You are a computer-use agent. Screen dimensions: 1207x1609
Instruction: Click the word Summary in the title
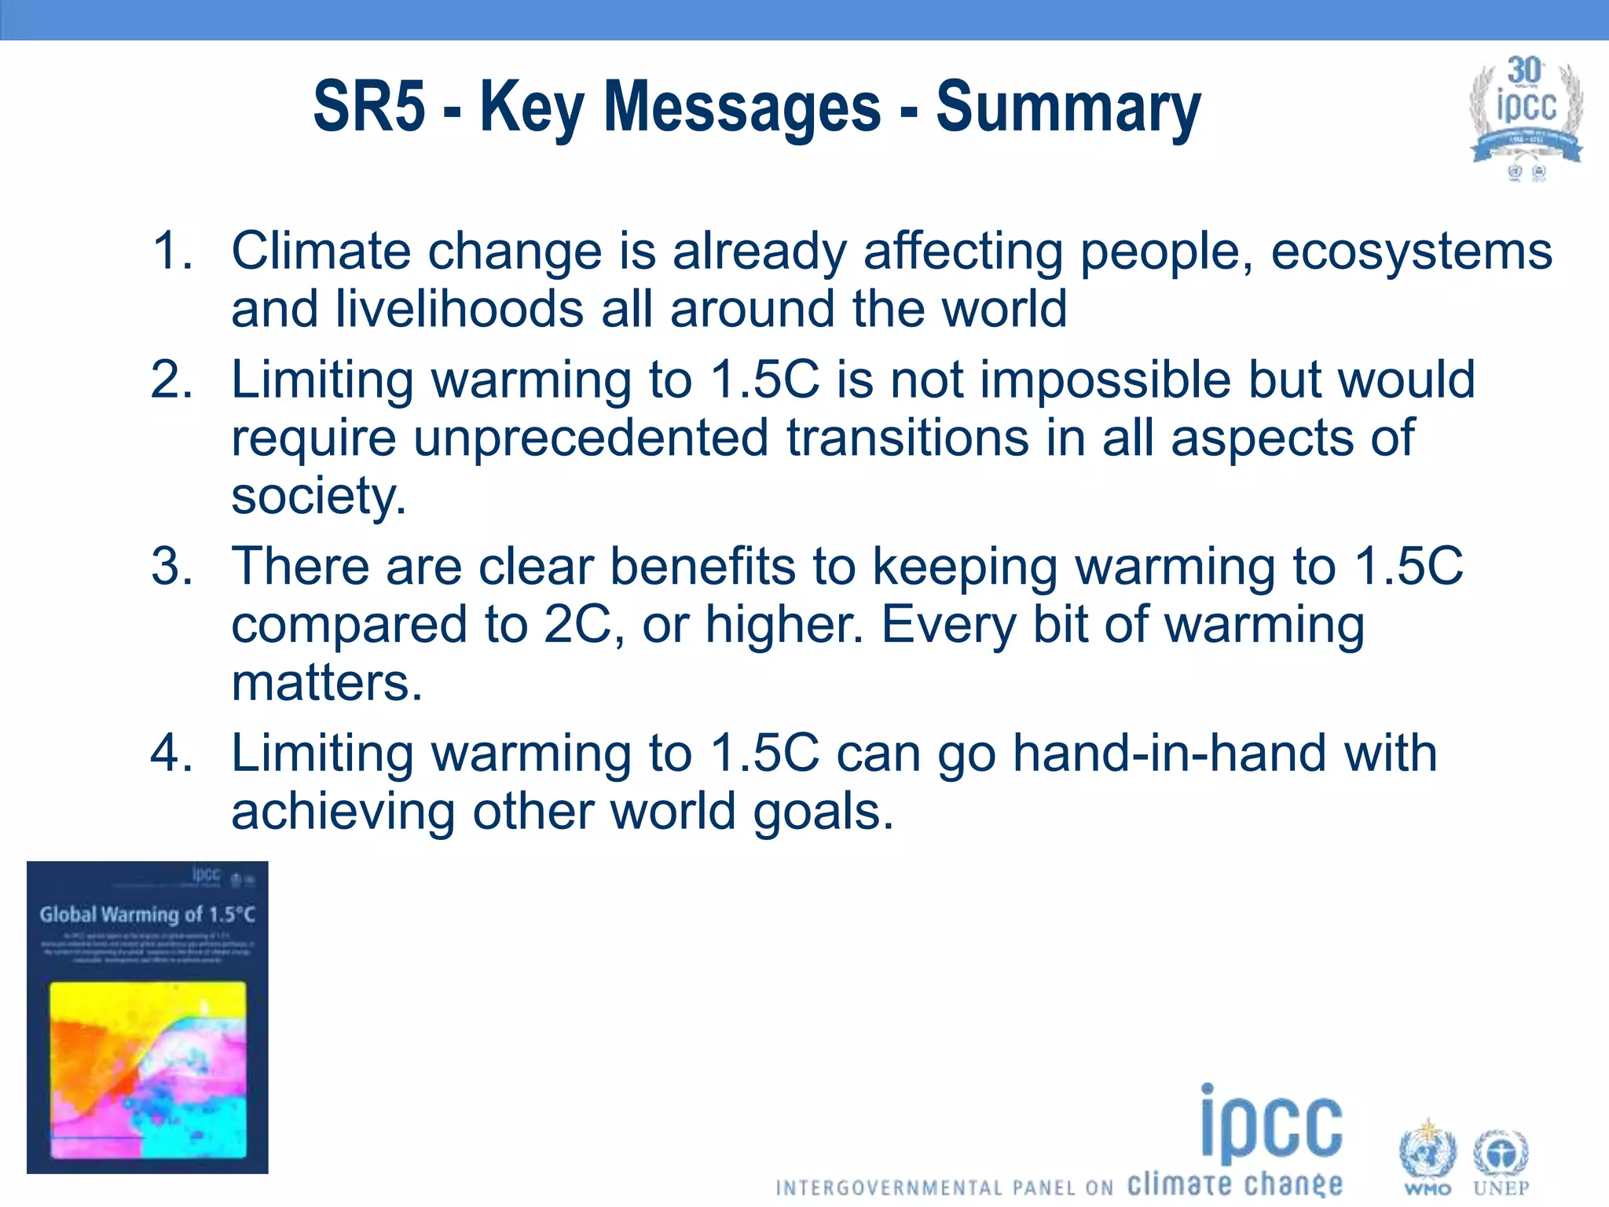click(1068, 108)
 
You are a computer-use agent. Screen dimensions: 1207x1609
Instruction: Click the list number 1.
click(172, 251)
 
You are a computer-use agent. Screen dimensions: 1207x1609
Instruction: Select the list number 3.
click(172, 567)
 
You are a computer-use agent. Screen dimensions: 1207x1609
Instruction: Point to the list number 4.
click(172, 753)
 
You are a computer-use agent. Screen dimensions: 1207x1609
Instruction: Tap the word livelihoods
click(459, 309)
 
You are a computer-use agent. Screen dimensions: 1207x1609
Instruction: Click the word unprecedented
click(591, 438)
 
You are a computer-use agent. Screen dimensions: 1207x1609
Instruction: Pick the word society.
click(319, 497)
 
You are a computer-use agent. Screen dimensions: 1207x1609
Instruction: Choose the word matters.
click(327, 682)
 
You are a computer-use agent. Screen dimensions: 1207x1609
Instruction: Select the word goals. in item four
click(823, 812)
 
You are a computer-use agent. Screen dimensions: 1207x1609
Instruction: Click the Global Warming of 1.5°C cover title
click(148, 915)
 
